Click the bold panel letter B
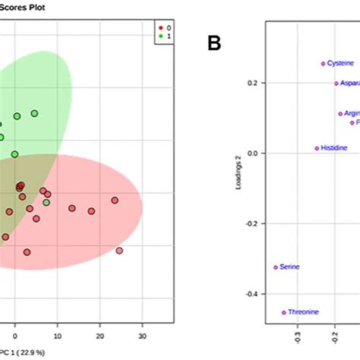click(x=214, y=44)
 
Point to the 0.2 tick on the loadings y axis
click(x=254, y=82)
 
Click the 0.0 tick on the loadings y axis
click(x=254, y=153)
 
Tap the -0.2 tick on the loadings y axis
click(x=253, y=223)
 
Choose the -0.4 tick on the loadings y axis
click(x=253, y=294)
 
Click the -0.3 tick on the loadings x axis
click(x=297, y=331)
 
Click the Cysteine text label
click(x=340, y=64)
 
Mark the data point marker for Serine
click(x=276, y=267)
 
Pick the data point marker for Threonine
click(x=284, y=312)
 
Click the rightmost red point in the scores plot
click(x=119, y=251)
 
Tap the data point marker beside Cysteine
click(x=323, y=64)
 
